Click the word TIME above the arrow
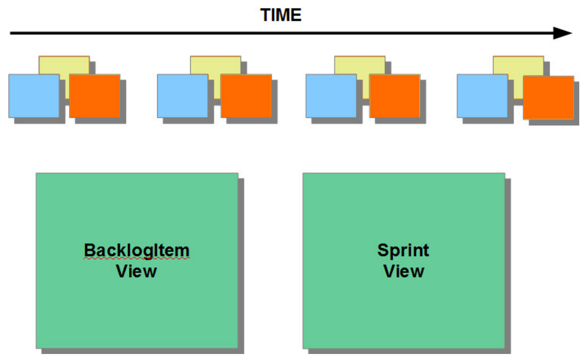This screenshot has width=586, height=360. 281,15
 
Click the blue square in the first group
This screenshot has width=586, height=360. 34,96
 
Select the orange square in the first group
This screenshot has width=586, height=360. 95,96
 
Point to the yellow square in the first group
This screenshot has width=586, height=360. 64,65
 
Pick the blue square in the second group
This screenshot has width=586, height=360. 183,96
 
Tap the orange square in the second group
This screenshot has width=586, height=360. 246,96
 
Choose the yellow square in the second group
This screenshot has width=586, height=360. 215,65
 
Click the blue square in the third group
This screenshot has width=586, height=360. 331,96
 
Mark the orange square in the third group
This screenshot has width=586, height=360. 394,96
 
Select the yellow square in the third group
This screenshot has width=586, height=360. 359,65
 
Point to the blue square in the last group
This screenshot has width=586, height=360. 482,96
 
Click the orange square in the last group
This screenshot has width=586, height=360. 548,97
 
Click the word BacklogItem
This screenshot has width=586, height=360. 137,250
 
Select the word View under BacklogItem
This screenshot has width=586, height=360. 136,271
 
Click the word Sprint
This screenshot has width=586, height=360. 403,250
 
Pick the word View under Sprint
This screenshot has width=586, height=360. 404,271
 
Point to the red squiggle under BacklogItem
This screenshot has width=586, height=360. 137,259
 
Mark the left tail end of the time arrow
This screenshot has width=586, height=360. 11,33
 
